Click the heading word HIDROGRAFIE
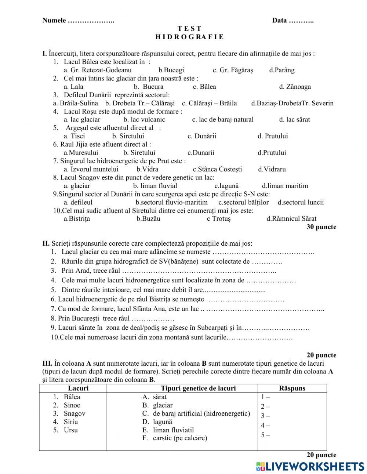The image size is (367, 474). pos(189,37)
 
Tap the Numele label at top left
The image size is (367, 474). pos(54,21)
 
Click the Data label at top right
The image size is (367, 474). pos(279,21)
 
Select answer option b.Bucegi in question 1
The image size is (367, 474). pos(171,70)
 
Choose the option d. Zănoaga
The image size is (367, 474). pos(295,87)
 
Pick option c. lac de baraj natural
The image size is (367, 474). pos(223,119)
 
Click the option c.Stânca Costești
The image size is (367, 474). pos(217,169)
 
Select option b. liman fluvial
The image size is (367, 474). pos(155,186)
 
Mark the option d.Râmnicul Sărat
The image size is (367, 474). pos(291,219)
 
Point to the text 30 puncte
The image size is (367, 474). pos(321,227)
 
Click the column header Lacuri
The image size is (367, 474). pos(78,388)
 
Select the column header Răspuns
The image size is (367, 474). pos(292,388)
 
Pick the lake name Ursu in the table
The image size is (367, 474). pos(70,430)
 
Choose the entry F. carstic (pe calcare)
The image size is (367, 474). pos(175,438)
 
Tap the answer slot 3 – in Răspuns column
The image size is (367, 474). pos(265,416)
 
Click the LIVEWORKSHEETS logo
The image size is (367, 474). pos(310,466)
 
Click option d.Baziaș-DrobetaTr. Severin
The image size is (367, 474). pos(292,103)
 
